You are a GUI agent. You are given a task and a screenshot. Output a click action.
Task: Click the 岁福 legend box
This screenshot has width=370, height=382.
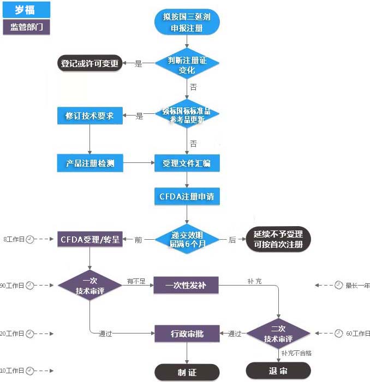pyautogui.click(x=26, y=9)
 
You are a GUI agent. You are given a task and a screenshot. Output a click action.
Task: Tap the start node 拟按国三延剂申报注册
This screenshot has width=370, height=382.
pyautogui.click(x=187, y=22)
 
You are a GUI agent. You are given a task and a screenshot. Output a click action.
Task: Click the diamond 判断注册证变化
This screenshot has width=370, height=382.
pyautogui.click(x=187, y=64)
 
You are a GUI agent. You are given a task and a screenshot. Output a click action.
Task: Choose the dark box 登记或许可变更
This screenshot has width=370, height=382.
pyautogui.click(x=89, y=63)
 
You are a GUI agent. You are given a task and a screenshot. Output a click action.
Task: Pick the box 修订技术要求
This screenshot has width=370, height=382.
pyautogui.click(x=89, y=116)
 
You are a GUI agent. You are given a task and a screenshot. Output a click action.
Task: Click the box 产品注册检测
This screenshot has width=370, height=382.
pyautogui.click(x=89, y=162)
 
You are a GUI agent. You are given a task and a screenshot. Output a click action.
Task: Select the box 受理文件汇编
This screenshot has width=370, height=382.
pyautogui.click(x=187, y=162)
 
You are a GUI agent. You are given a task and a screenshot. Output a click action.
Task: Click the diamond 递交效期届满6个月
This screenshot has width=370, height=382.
pyautogui.click(x=187, y=239)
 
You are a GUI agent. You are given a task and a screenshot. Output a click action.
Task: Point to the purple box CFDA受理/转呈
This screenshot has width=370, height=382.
pyautogui.click(x=89, y=239)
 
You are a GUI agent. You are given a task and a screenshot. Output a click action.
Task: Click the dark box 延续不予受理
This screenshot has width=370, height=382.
pyautogui.click(x=278, y=239)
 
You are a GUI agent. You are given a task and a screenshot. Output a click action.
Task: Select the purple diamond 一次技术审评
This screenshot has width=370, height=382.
pyautogui.click(x=89, y=284)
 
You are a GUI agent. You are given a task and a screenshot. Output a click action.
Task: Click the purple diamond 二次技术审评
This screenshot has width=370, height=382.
pyautogui.click(x=278, y=334)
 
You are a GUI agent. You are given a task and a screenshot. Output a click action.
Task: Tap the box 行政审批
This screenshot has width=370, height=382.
pyautogui.click(x=187, y=334)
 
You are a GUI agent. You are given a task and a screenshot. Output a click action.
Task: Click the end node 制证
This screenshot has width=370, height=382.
pyautogui.click(x=187, y=372)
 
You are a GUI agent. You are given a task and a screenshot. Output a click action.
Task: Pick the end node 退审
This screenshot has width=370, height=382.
pyautogui.click(x=278, y=371)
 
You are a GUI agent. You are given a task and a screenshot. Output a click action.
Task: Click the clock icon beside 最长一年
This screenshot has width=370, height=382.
pyautogui.click(x=338, y=285)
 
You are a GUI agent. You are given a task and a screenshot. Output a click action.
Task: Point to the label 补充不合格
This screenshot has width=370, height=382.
pyautogui.click(x=296, y=353)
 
